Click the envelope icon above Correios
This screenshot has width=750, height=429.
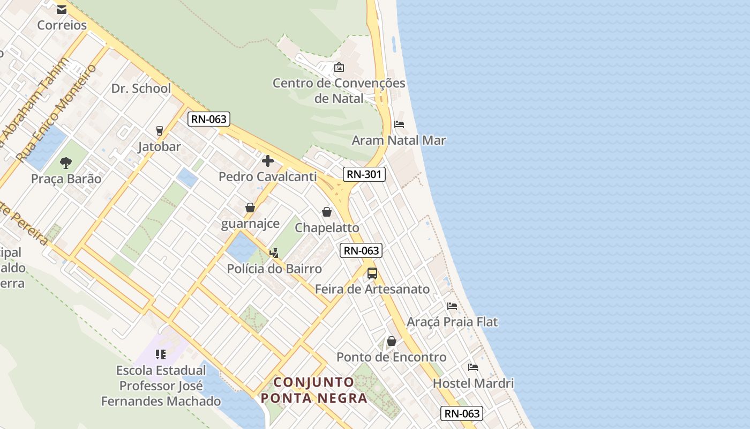point(62,9)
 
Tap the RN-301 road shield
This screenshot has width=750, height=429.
point(364,174)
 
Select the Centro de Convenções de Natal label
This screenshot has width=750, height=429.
point(339,91)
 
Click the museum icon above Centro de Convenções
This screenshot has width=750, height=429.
point(339,68)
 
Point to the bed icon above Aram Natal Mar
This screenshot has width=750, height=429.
point(399,124)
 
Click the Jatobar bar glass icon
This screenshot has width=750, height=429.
point(159,131)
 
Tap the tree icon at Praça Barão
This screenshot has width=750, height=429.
point(66,162)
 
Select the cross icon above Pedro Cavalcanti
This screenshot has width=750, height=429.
point(268,160)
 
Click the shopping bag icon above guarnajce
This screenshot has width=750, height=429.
point(250,208)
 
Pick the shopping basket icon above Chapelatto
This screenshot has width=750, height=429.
point(327,212)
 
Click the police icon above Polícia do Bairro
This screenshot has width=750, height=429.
point(274,253)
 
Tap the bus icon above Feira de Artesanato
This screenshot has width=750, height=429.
point(372,273)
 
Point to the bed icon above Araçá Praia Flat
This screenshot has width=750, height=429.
point(452,306)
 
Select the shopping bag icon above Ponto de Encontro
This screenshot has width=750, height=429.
point(392,341)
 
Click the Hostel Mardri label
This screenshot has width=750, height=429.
point(473,383)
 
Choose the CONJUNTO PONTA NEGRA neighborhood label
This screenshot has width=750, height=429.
point(314,390)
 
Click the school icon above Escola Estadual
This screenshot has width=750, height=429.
point(161,354)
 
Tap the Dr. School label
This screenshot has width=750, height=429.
point(141,88)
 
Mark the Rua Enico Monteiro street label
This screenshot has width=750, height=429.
point(56,113)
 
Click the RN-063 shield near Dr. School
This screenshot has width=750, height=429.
point(208,119)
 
